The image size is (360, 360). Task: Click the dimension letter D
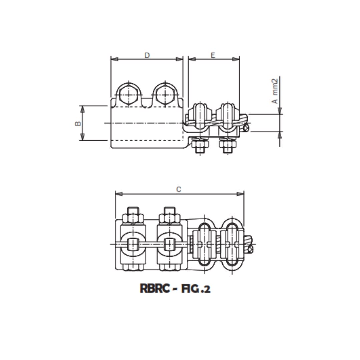[147, 55]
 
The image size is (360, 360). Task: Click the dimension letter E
[213, 55]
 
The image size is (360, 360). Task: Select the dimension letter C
[179, 190]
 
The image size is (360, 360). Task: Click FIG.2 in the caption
[196, 288]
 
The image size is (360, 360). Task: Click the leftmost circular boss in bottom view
[133, 244]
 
